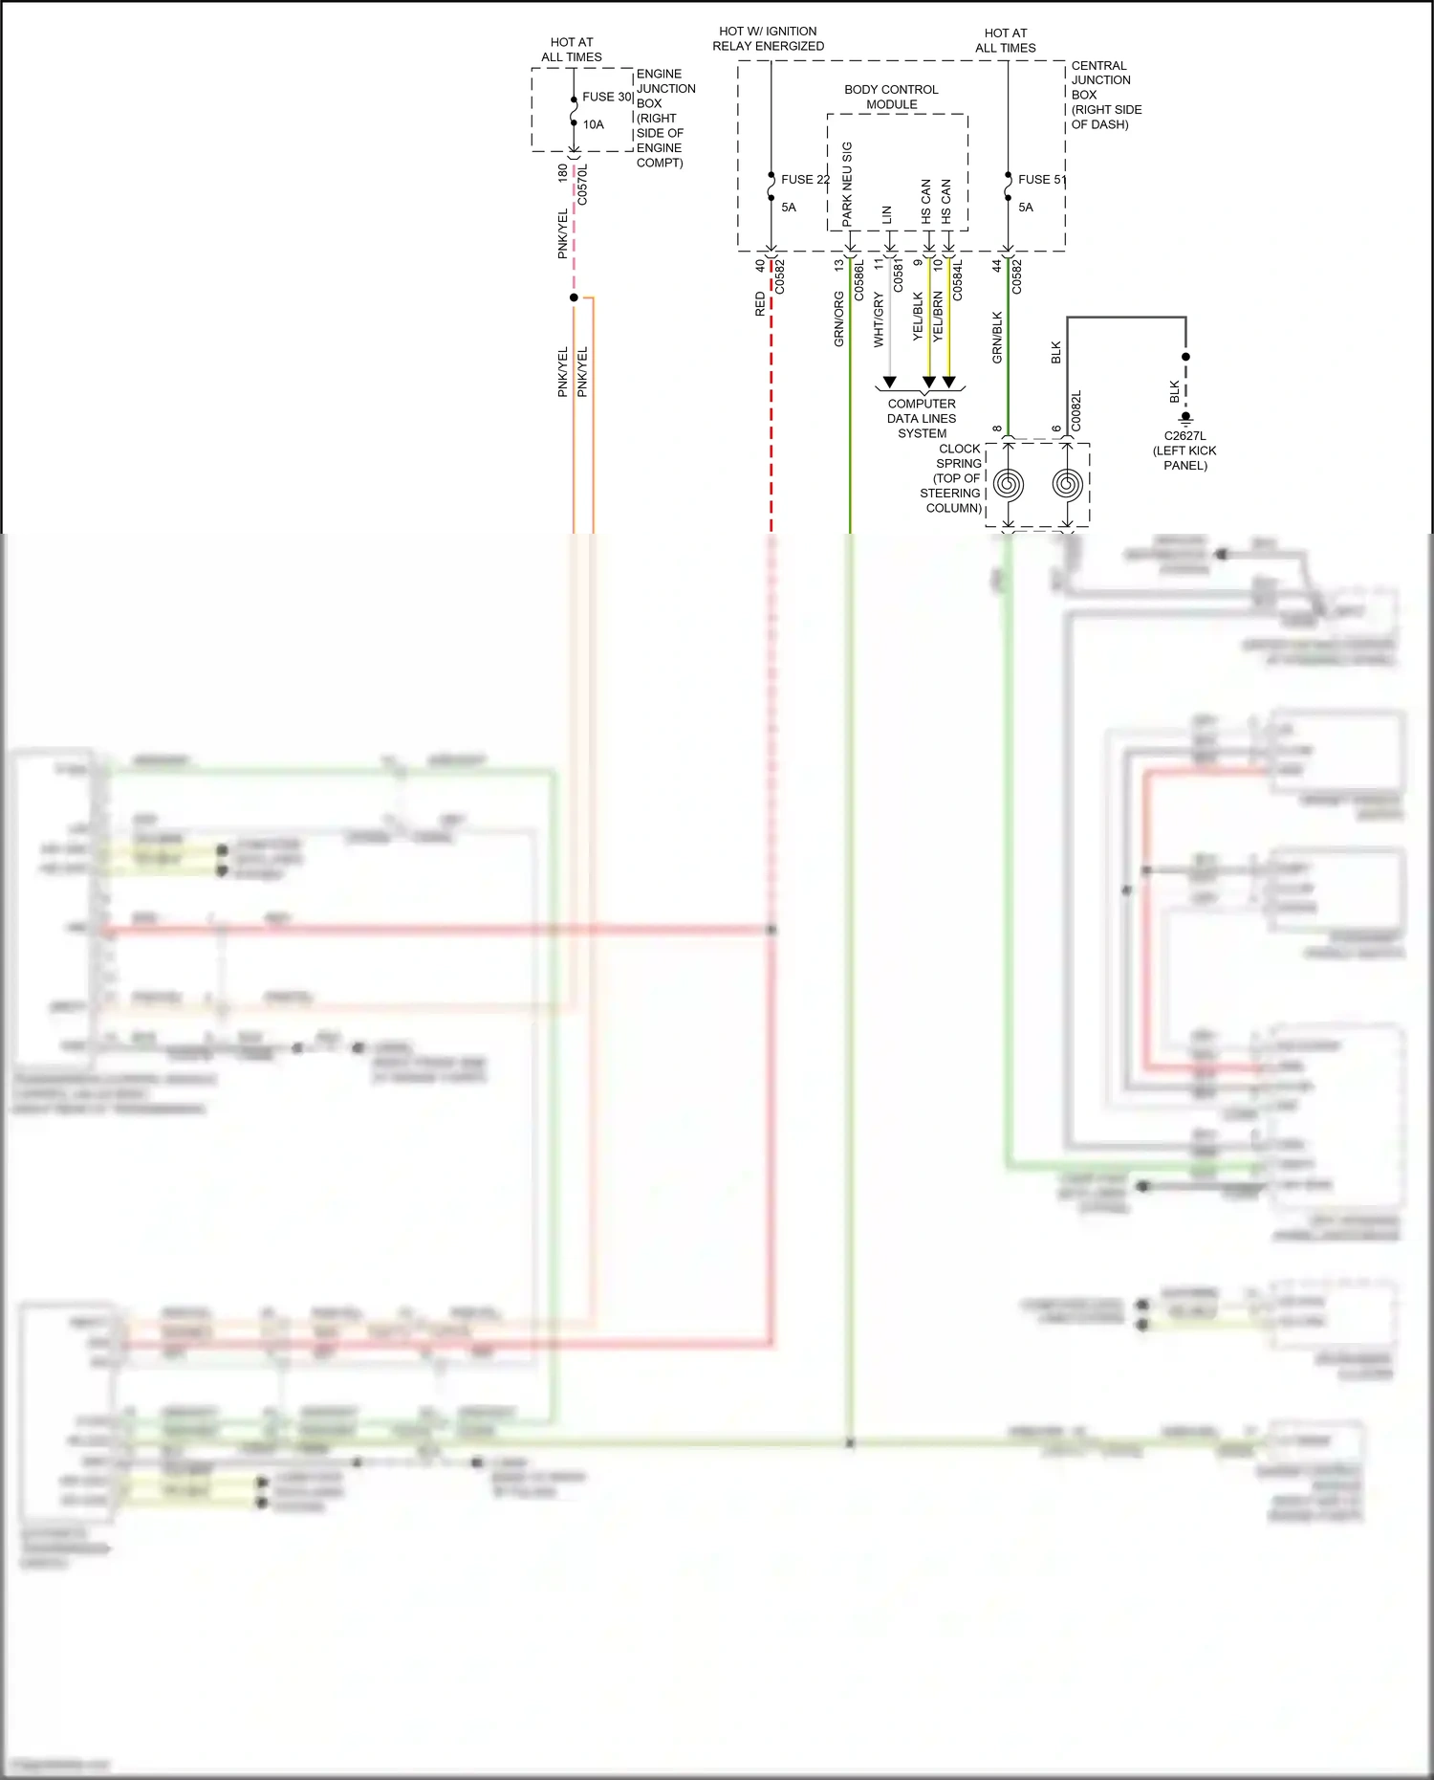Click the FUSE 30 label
point(607,97)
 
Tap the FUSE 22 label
point(805,179)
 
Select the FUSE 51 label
point(1041,179)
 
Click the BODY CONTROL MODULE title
point(891,97)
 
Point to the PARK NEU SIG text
point(847,185)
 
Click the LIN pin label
point(887,215)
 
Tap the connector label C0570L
point(582,185)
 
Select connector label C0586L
point(858,280)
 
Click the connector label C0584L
point(958,280)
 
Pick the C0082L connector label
point(1075,410)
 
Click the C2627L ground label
point(1184,436)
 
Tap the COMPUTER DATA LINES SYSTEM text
point(922,418)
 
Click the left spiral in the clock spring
point(1008,485)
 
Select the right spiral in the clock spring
point(1067,485)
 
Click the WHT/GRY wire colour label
point(878,320)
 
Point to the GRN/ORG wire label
point(838,320)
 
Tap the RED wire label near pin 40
point(760,304)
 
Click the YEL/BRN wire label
point(938,317)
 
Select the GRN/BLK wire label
point(997,337)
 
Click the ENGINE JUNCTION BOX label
point(664,118)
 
